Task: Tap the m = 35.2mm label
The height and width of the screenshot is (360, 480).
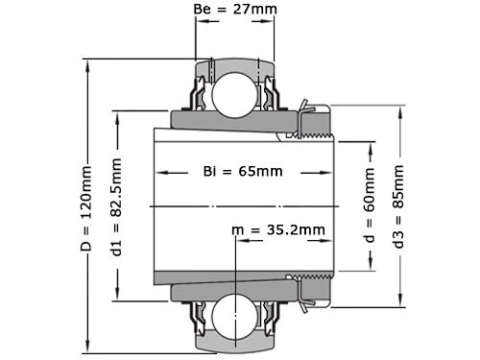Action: [278, 230]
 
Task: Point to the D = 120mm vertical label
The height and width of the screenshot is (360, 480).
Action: [85, 205]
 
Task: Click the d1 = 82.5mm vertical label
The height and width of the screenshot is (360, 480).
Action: [116, 205]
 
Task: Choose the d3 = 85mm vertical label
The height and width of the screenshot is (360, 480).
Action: [398, 205]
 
